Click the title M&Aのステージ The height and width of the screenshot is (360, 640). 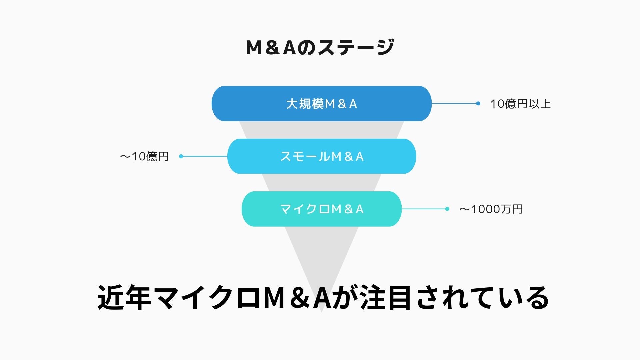pyautogui.click(x=320, y=47)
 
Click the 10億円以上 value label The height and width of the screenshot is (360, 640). pyautogui.click(x=520, y=104)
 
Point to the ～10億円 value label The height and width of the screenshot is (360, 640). pyautogui.click(x=144, y=156)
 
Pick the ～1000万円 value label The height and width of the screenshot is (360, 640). pyautogui.click(x=491, y=209)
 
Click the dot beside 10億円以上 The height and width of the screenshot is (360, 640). pyautogui.click(x=478, y=104)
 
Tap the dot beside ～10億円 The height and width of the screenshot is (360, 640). pyautogui.click(x=181, y=156)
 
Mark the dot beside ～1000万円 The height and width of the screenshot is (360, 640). pyautogui.click(x=447, y=209)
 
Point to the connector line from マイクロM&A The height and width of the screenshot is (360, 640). pyautogui.click(x=424, y=209)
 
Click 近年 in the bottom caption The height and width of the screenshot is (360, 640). pyautogui.click(x=124, y=298)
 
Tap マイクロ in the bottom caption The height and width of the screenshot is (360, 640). pyautogui.click(x=207, y=298)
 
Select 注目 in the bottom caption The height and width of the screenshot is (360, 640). pyautogui.click(x=385, y=298)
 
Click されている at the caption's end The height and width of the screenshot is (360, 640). pyautogui.click(x=482, y=298)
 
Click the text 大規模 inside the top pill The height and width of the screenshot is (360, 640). pyautogui.click(x=305, y=104)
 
